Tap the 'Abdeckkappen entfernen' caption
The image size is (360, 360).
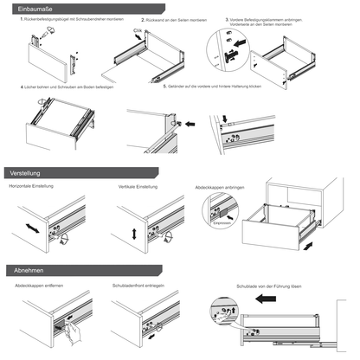[40, 285]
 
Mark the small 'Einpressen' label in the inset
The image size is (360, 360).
[222, 222]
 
